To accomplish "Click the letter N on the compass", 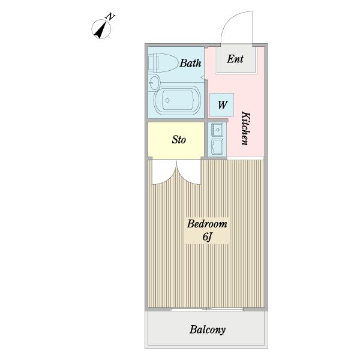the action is click(110, 17).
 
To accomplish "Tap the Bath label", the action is click(190, 63).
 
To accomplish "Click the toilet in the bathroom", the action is click(163, 62).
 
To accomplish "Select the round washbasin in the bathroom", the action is click(154, 82).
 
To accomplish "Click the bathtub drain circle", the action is click(167, 100).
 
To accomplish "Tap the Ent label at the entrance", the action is click(235, 59).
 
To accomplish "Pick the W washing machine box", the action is click(222, 105).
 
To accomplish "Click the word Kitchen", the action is click(245, 128).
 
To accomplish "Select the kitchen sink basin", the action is click(217, 130).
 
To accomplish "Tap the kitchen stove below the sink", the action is click(217, 147).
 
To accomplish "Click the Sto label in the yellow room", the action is click(179, 140).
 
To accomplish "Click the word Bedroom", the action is click(207, 224).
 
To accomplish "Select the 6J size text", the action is click(206, 237).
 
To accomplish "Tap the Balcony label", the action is click(208, 330).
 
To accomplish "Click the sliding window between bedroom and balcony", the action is click(207, 309).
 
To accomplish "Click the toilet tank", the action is click(154, 62).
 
